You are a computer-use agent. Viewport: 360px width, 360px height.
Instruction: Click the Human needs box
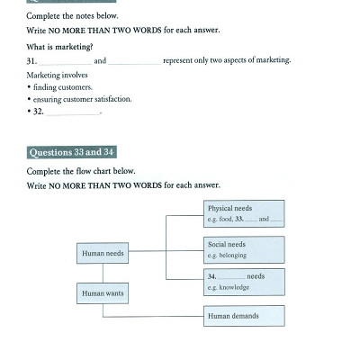(103, 254)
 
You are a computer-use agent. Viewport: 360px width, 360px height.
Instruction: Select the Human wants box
(103, 293)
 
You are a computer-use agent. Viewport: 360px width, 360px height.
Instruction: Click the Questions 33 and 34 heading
(71, 152)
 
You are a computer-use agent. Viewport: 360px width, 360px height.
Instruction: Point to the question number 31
(31, 61)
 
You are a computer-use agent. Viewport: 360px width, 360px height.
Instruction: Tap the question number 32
(39, 112)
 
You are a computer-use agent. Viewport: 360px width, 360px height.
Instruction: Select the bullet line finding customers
(60, 87)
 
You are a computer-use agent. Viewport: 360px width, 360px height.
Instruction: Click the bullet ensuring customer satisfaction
(81, 100)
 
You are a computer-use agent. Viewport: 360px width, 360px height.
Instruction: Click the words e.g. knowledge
(229, 288)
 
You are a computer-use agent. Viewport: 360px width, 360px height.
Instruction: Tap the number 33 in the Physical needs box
(240, 219)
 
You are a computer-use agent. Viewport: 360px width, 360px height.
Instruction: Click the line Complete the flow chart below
(80, 171)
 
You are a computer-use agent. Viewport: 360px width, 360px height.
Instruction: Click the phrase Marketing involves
(56, 76)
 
